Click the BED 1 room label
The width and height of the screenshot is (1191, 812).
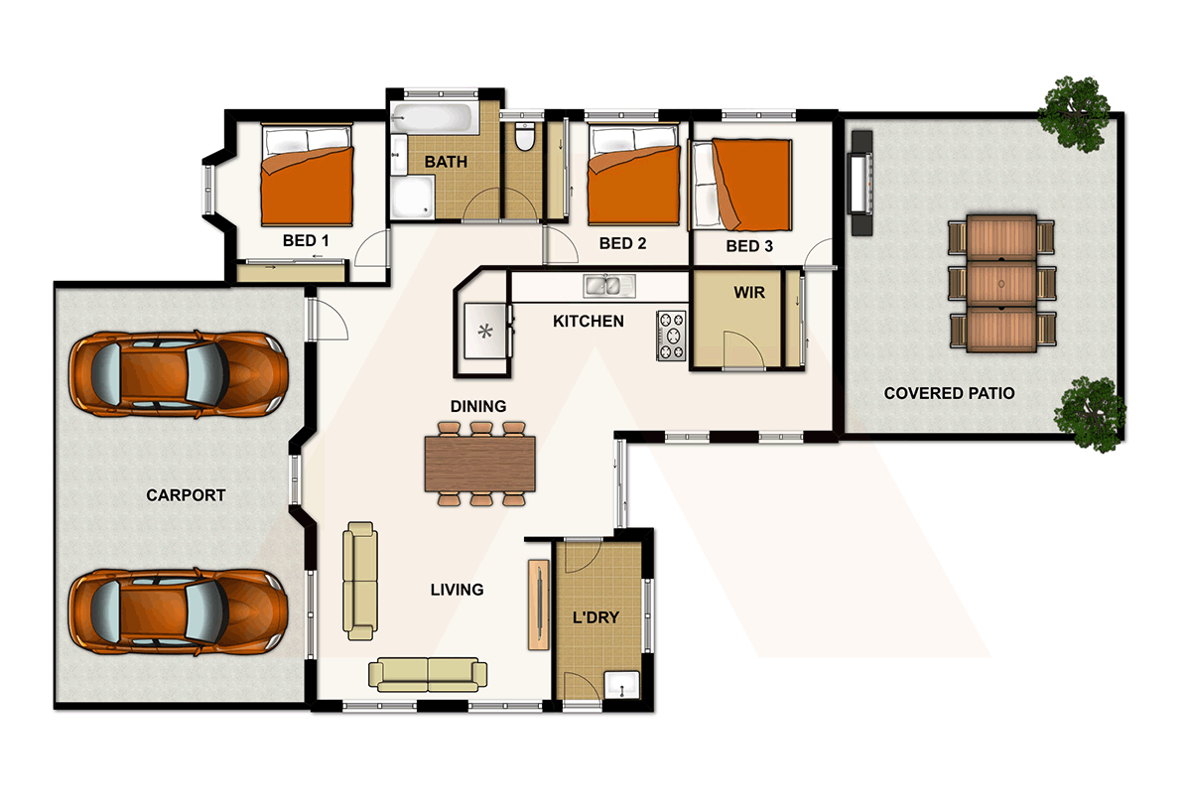(306, 241)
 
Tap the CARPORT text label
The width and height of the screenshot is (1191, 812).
(186, 495)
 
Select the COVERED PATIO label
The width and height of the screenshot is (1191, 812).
(949, 393)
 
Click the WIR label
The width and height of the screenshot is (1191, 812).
(748, 294)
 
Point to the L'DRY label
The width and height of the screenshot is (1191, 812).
(596, 617)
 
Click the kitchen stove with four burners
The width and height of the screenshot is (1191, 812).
(671, 336)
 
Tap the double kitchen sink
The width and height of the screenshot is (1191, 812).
(609, 287)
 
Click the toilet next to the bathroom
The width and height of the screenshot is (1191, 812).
(525, 136)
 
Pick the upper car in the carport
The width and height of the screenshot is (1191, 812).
(178, 376)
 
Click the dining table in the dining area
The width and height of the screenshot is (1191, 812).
(479, 464)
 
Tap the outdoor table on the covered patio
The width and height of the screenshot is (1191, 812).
(1000, 283)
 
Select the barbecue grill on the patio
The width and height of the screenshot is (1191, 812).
(860, 183)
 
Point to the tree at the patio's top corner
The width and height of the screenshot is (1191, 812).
(1075, 112)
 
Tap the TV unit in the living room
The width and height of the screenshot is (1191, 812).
(537, 605)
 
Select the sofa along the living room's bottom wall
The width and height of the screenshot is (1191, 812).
(428, 674)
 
